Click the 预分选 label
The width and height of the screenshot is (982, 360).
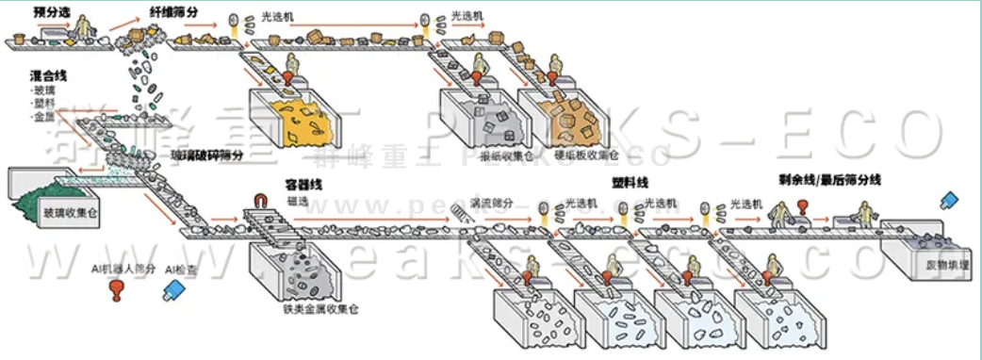click(52, 12)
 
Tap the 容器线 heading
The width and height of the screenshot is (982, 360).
click(303, 186)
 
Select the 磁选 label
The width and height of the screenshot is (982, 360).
click(301, 201)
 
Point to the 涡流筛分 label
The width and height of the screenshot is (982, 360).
click(494, 201)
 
